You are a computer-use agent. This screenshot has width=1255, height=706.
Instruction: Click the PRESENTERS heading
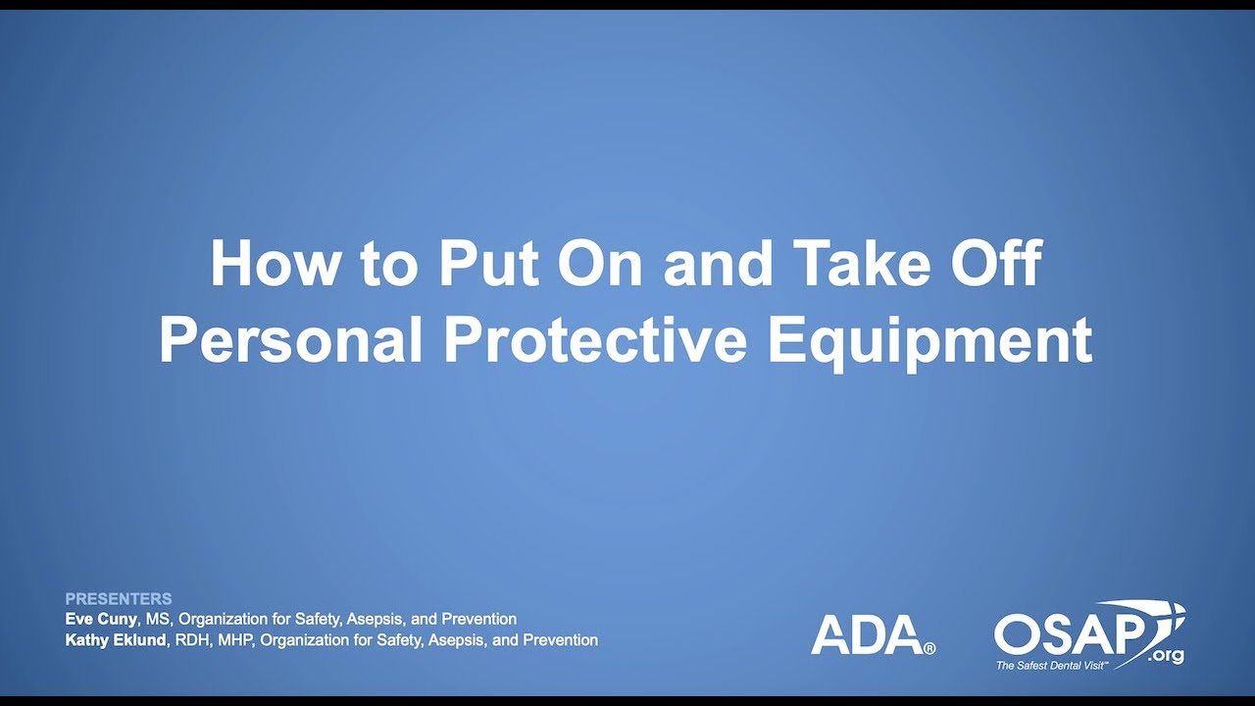[x=119, y=598]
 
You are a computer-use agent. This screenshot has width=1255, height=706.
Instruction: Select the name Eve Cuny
[x=101, y=619]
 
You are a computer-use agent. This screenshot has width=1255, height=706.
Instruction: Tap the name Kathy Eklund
[x=114, y=639]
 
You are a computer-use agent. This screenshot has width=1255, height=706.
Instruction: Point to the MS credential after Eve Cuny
[x=157, y=619]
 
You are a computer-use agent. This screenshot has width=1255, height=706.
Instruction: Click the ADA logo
[x=866, y=634]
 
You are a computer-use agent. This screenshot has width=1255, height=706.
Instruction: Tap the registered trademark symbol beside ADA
[x=929, y=648]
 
